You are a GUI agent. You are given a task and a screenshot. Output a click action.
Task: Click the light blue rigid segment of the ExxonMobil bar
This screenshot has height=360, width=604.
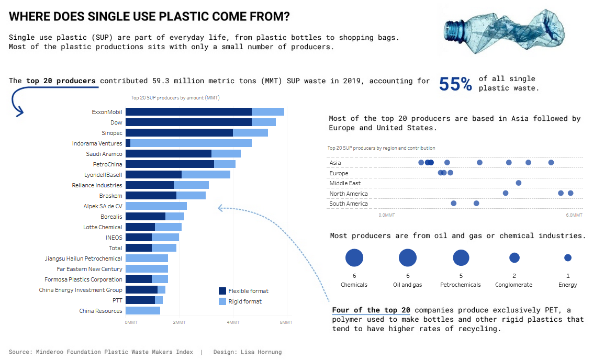(x=268, y=112)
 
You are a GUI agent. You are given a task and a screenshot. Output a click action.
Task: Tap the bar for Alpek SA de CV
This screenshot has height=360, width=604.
(x=156, y=206)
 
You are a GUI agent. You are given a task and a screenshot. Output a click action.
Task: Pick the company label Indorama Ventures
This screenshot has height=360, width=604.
(x=97, y=143)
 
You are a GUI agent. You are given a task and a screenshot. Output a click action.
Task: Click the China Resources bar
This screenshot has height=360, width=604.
(x=142, y=311)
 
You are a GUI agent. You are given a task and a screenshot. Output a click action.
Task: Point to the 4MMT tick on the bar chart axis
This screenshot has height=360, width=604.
(x=233, y=322)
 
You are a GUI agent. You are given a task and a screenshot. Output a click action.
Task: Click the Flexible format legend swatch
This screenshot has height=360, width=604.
(x=222, y=291)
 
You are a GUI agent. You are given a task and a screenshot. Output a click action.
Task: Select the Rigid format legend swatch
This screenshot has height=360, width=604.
(x=222, y=301)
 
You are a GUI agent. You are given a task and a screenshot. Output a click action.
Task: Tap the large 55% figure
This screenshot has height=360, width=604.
(x=455, y=84)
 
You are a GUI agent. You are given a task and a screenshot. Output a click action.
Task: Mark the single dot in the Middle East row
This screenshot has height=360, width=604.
(x=518, y=183)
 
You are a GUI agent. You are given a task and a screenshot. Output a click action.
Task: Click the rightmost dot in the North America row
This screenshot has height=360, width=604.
(x=571, y=193)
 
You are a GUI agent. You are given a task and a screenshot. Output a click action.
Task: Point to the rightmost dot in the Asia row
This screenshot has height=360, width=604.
(x=551, y=163)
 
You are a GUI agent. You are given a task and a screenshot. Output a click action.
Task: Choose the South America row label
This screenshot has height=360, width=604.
(x=349, y=204)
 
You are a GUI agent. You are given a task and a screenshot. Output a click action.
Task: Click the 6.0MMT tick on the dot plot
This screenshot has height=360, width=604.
(x=574, y=215)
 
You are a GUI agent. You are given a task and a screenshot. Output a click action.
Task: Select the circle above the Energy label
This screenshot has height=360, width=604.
(x=568, y=257)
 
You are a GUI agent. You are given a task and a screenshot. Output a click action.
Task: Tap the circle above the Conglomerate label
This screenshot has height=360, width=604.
(x=514, y=257)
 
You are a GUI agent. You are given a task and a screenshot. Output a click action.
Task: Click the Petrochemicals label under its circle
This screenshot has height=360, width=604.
(x=461, y=285)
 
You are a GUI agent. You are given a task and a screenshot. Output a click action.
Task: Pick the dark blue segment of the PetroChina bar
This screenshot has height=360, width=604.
(x=170, y=164)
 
